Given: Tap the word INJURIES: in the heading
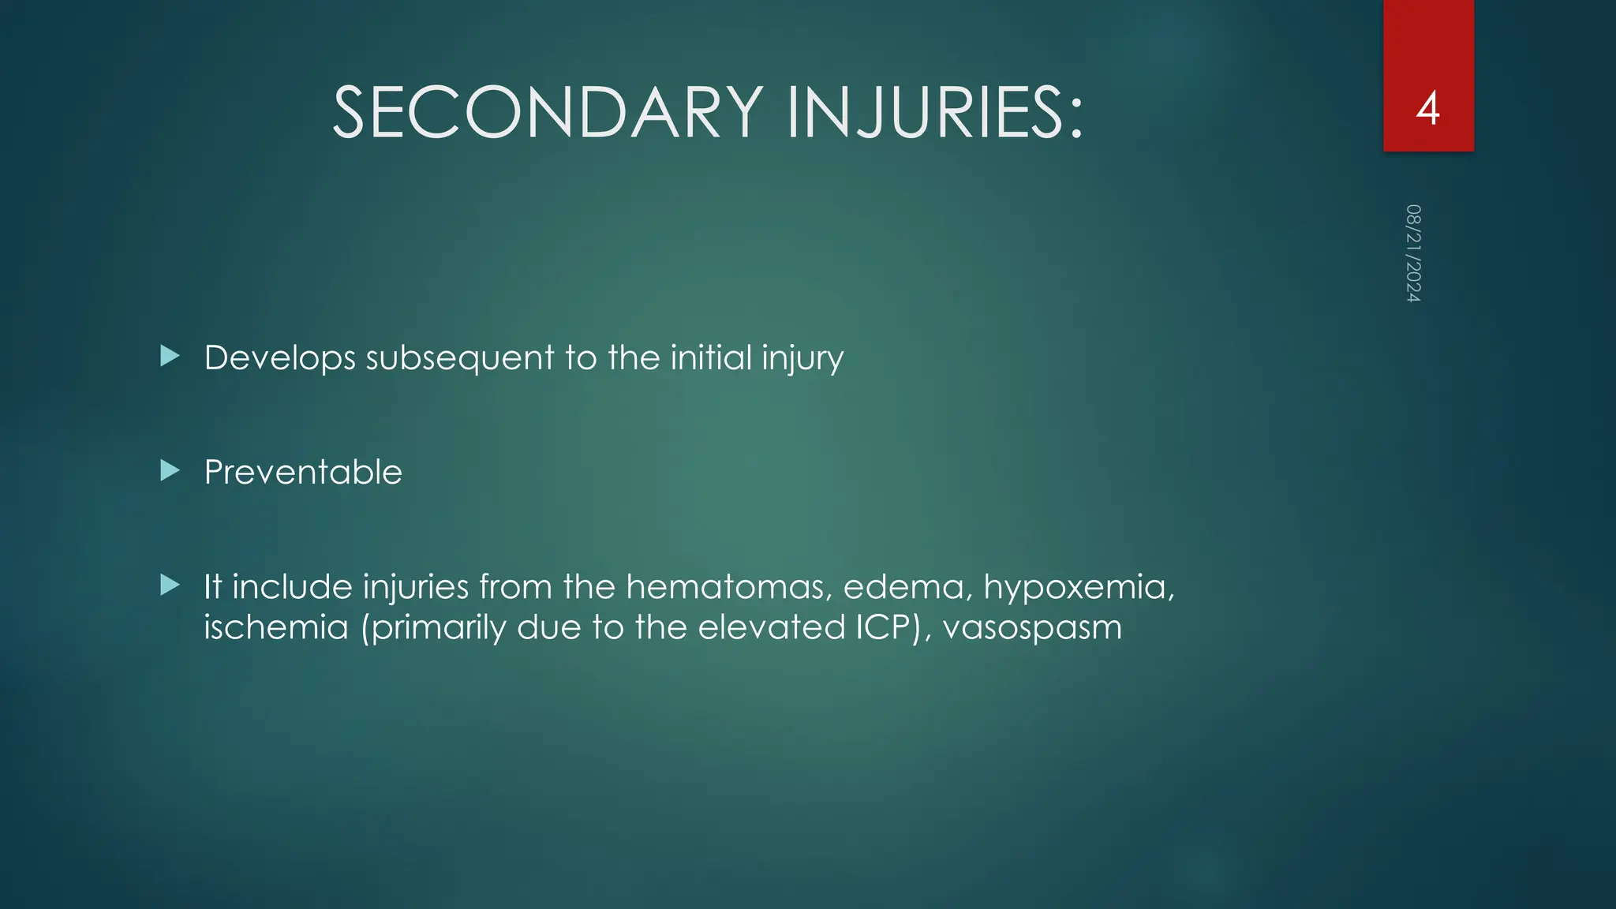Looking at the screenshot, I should point(935,113).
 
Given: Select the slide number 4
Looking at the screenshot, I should point(1427,108).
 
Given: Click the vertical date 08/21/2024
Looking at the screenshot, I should point(1413,253).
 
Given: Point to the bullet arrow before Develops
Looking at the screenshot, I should point(170,356).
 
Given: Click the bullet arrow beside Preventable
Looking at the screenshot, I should point(170,471).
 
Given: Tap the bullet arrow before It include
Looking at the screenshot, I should point(170,585).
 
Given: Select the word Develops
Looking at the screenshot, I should point(280,358).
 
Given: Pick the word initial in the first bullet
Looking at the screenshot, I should point(711,357).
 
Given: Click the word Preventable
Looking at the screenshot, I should point(303,473).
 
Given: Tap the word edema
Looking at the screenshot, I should point(906,587).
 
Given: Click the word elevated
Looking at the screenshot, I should point(771,627).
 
